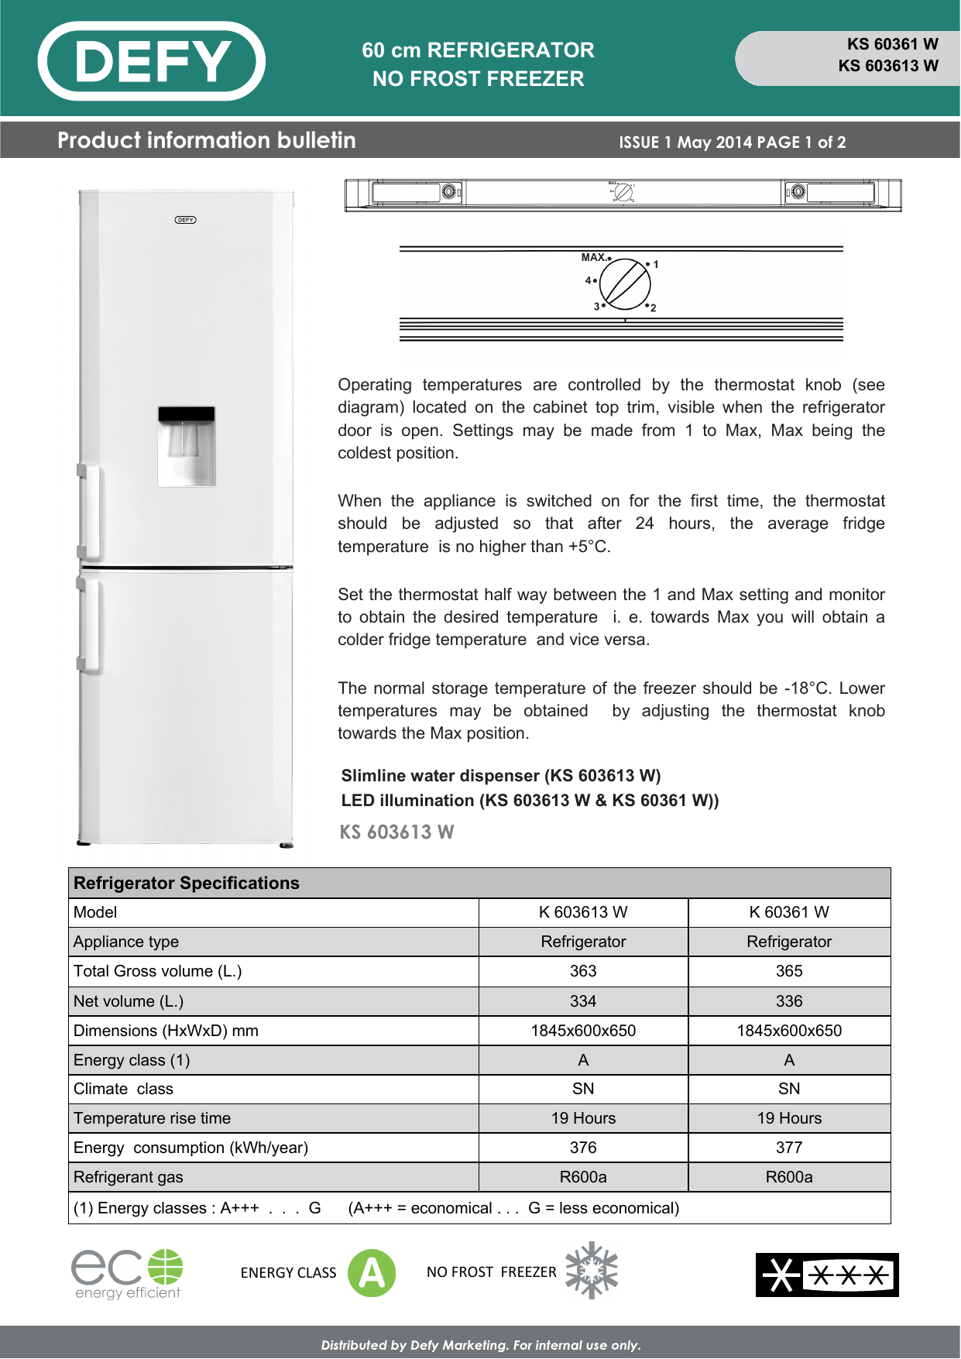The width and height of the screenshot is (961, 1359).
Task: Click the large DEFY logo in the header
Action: pos(152,61)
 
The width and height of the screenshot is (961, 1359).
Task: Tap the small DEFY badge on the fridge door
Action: pos(186,220)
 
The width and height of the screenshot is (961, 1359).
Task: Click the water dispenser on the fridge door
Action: pos(187,446)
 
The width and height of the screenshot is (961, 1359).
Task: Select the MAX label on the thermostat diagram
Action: pos(593,257)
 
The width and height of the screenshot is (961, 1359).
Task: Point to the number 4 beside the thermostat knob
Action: pos(588,280)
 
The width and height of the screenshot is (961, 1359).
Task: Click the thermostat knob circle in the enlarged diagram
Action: pos(625,284)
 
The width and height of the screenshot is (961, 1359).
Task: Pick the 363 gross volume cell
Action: pos(583,971)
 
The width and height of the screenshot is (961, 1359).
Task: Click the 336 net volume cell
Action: pos(789,1001)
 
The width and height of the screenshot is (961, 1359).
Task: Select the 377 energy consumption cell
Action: pos(789,1148)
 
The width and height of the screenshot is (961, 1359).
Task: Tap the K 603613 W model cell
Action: pos(583,912)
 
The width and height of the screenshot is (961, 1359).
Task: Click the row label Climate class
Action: pos(123,1089)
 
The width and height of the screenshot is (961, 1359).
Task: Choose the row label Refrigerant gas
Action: pos(129,1177)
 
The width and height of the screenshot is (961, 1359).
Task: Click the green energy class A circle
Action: pos(372,1273)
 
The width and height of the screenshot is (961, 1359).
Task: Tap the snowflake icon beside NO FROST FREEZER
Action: pos(592,1271)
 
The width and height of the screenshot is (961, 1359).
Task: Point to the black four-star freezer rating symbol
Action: pos(827,1275)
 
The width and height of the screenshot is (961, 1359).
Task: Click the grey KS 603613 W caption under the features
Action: pos(396,832)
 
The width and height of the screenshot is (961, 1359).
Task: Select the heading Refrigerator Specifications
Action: pos(187,883)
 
